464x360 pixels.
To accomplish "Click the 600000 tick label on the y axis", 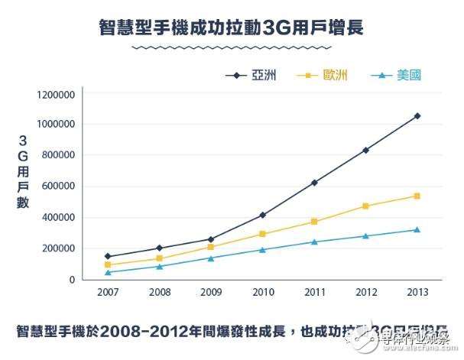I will click(x=57, y=186).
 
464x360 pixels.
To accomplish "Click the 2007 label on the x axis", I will click(x=108, y=293).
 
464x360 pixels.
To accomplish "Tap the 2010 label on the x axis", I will click(x=262, y=293).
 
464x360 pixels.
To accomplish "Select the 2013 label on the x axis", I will click(x=417, y=293).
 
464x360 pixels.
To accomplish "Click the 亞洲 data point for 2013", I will click(x=417, y=116).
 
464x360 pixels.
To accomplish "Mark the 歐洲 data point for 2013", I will click(x=417, y=196).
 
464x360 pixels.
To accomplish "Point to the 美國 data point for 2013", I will click(x=417, y=230).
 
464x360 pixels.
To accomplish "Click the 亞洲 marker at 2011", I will click(x=313, y=183).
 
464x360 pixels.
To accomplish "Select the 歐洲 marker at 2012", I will click(x=365, y=206).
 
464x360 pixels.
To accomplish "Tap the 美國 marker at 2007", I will click(x=108, y=272).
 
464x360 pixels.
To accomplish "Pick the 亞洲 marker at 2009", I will click(x=211, y=239).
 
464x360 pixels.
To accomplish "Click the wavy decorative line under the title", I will click(x=231, y=47).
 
